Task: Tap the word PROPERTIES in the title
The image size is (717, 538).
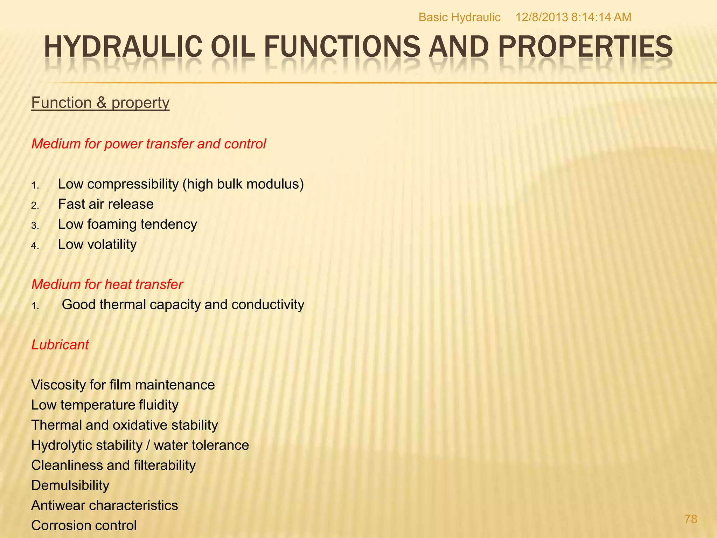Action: [x=585, y=47]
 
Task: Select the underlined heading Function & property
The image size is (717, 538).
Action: [x=100, y=103]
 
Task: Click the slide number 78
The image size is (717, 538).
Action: [x=691, y=519]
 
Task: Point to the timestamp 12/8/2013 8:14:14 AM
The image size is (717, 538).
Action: [x=573, y=17]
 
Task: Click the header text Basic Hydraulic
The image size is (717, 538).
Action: [x=459, y=17]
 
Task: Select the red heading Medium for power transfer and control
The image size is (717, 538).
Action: [x=149, y=144]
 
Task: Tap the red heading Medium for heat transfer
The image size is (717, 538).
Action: [x=107, y=284]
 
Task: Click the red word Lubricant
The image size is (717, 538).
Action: [x=60, y=345]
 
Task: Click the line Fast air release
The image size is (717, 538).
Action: [x=106, y=204]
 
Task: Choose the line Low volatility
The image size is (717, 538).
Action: [x=97, y=244]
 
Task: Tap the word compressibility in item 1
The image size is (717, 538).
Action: [x=133, y=184]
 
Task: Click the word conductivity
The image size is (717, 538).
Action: [x=268, y=305]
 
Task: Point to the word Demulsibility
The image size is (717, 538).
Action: [x=70, y=485]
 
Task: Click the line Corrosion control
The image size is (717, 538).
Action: [x=84, y=525]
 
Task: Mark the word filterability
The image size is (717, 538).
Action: [x=160, y=465]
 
